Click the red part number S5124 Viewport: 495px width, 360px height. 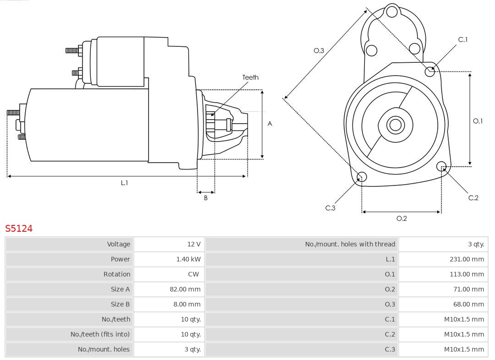[x=19, y=228]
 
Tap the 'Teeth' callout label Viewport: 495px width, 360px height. [x=250, y=77]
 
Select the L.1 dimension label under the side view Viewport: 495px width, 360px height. [x=124, y=183]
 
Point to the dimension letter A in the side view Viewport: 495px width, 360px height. [x=270, y=124]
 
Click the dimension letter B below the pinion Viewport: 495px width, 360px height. [x=206, y=198]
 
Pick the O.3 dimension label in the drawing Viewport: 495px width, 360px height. [x=319, y=50]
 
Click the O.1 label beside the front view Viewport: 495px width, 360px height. [x=478, y=121]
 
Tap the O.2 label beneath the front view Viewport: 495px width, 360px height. [x=401, y=218]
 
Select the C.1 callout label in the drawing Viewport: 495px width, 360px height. [x=463, y=39]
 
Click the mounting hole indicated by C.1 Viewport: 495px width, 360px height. [x=430, y=71]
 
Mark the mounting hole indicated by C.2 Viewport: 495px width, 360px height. [x=441, y=166]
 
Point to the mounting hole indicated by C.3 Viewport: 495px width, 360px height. [x=362, y=177]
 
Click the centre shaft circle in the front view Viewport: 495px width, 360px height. [x=394, y=125]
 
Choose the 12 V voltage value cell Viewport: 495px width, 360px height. [x=194, y=244]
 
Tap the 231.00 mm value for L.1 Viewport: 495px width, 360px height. [x=467, y=259]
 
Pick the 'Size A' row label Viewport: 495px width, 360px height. [x=120, y=289]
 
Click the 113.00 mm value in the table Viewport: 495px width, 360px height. [x=467, y=274]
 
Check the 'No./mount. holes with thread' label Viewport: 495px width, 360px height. [x=350, y=244]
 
